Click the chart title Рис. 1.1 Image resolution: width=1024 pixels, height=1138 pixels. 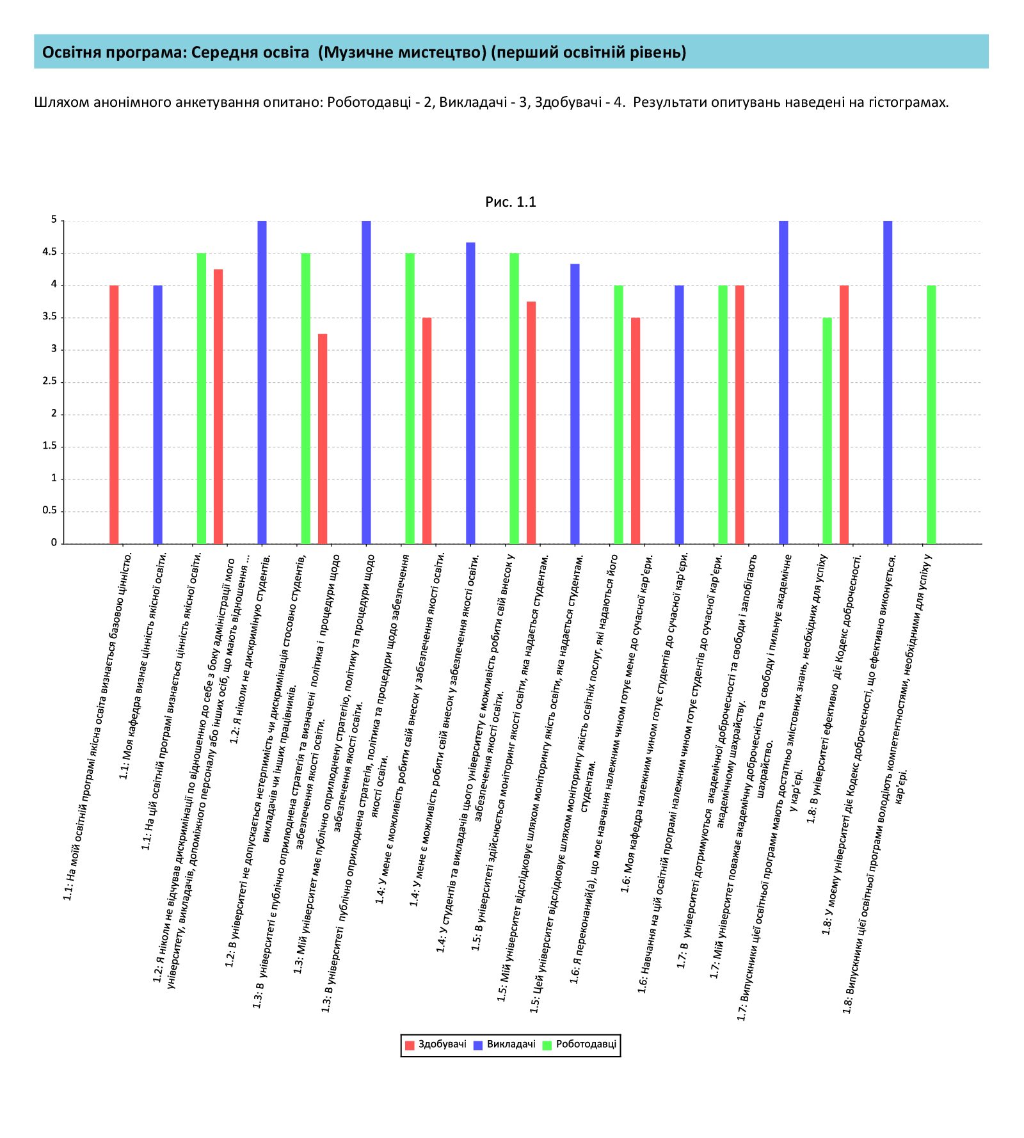510,202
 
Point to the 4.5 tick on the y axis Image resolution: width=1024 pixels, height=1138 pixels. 50,252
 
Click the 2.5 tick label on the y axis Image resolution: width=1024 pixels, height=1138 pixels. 50,381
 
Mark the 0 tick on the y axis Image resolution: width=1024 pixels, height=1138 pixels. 54,543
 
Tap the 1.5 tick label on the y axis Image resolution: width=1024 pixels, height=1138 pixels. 50,446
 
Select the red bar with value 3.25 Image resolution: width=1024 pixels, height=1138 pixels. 323,439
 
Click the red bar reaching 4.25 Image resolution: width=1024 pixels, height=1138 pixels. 218,406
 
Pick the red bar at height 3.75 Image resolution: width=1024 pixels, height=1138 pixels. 531,423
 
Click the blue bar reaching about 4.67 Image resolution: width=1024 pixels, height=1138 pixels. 470,393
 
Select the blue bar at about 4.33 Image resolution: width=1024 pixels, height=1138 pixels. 575,404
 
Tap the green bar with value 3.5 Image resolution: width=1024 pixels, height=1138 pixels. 827,431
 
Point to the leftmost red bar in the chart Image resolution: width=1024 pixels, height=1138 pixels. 114,415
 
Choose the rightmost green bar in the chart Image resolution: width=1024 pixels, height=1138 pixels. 931,415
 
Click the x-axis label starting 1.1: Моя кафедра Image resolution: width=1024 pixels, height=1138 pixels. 143,666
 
